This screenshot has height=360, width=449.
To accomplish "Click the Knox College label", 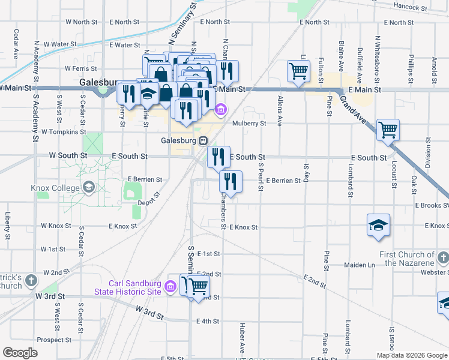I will point(55,188).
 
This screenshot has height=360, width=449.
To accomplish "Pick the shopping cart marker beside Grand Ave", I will point(388,128).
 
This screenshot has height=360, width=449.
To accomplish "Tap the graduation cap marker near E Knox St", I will point(378,225).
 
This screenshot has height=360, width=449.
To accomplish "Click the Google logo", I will point(20,352).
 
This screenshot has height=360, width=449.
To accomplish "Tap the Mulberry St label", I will point(249,124).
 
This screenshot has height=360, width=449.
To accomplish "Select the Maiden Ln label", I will point(360,265).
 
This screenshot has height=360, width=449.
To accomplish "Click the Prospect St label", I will point(55,340).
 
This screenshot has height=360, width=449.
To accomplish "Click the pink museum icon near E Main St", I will point(220,110).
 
